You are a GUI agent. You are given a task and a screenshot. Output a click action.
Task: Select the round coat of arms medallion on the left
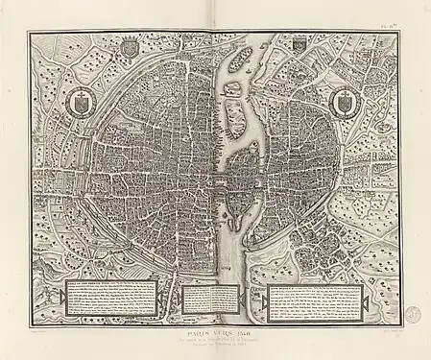pos(84,100)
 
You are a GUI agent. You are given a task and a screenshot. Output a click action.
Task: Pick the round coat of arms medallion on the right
pos(346,101)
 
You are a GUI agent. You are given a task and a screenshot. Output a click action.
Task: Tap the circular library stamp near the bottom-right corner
pos(412,313)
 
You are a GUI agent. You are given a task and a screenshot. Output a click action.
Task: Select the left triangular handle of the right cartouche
pos(265,295)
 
